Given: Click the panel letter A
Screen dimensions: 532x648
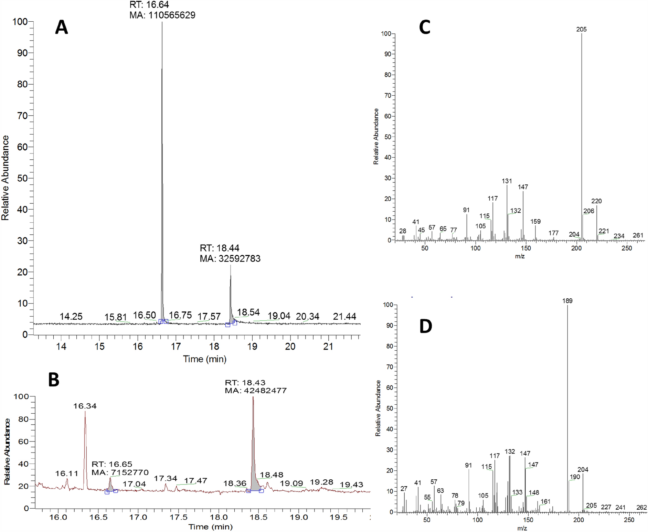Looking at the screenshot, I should (x=62, y=27).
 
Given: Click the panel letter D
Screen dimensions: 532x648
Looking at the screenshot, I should (x=426, y=326).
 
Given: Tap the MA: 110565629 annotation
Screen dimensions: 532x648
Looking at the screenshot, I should (x=162, y=15).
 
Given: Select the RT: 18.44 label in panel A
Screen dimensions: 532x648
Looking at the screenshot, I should (x=220, y=248).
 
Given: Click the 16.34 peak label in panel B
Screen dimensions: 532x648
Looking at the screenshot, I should (x=85, y=406).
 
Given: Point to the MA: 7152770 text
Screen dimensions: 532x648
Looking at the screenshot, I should (x=120, y=472).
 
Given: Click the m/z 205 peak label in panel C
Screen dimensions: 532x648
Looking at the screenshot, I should (x=581, y=30).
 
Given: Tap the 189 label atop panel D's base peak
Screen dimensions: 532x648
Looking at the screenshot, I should (x=567, y=301).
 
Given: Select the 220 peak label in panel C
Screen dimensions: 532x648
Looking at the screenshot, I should (x=596, y=201).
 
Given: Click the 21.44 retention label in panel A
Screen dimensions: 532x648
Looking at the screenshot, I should (x=344, y=317).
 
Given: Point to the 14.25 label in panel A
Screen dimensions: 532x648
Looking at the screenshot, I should (x=71, y=317).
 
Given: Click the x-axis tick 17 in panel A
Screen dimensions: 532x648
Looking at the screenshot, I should (x=176, y=347).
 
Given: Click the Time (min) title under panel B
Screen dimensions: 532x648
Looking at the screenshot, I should (x=210, y=527).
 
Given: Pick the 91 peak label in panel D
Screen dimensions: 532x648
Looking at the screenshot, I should (x=468, y=465).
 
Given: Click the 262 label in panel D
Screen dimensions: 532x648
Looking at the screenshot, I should (x=641, y=507).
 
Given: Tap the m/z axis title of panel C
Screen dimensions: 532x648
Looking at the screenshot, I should (x=520, y=256).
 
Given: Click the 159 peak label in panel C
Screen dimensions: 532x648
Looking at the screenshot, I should (x=535, y=222).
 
